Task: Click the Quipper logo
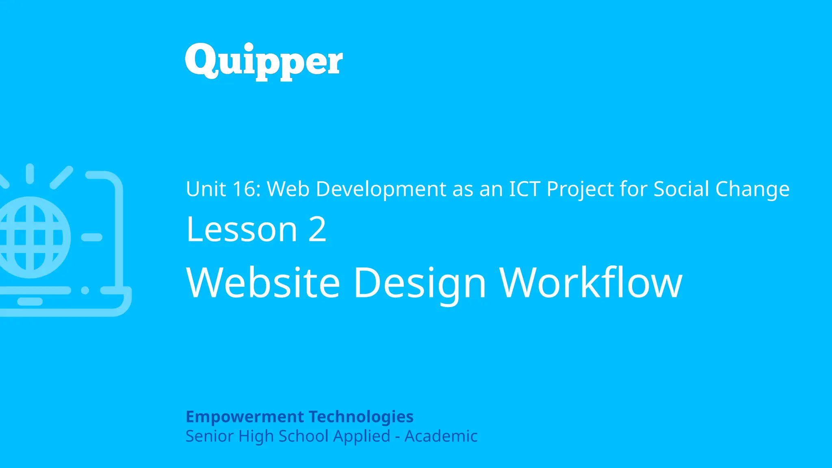click(264, 61)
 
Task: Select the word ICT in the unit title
click(524, 189)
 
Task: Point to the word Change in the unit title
click(752, 190)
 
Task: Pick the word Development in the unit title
click(381, 190)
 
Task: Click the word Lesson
click(242, 230)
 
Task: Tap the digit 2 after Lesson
click(317, 230)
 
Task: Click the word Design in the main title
click(420, 283)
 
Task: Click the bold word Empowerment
click(245, 417)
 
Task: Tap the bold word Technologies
click(361, 417)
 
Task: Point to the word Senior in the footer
click(210, 436)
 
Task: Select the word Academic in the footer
click(441, 436)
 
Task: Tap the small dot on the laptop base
click(85, 290)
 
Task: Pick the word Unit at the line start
click(206, 189)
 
